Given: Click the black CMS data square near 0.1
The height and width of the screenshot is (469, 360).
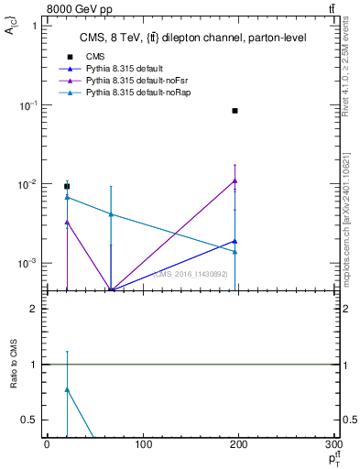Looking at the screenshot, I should pos(235,111).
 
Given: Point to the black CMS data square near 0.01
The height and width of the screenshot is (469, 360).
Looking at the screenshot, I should pos(67,186).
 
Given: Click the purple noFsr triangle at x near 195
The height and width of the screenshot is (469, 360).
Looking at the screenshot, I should pos(235,180).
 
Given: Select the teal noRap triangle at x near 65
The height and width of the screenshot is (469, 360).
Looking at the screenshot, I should pos(110,214).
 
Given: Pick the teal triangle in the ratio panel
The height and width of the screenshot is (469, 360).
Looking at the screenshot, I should pos(67,389).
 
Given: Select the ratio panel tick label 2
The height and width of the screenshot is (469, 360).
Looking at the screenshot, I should pos(33,309).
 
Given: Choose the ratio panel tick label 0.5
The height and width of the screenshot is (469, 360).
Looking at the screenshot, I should pos(29,420).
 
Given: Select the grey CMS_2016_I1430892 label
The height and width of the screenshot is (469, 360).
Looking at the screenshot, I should pos(190,273).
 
